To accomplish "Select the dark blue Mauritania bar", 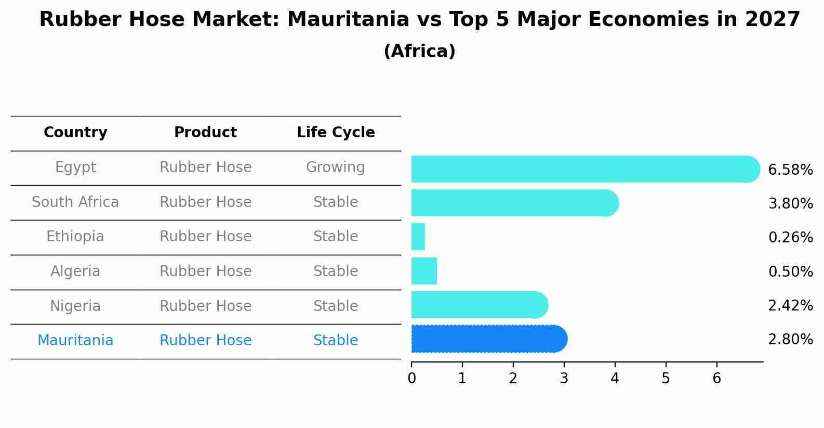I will pyautogui.click(x=488, y=339).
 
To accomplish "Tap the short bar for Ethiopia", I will pyautogui.click(x=418, y=237).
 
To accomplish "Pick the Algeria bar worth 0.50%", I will pyautogui.click(x=424, y=271).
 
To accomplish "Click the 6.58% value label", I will pyautogui.click(x=790, y=170).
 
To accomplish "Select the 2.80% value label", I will pyautogui.click(x=790, y=340).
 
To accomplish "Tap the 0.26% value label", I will pyautogui.click(x=790, y=238).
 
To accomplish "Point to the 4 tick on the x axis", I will pyautogui.click(x=615, y=379).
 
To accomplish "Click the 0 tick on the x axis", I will pyautogui.click(x=411, y=379).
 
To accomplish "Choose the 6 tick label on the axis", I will pyautogui.click(x=717, y=379).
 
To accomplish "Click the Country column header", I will pyautogui.click(x=75, y=133).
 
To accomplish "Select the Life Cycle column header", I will pyautogui.click(x=336, y=133).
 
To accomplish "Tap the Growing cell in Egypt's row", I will pyautogui.click(x=336, y=167).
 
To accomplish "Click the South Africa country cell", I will pyautogui.click(x=75, y=202).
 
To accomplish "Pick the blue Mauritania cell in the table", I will pyautogui.click(x=75, y=341).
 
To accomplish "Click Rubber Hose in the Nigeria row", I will pyautogui.click(x=205, y=306).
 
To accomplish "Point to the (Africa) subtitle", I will pyautogui.click(x=419, y=51).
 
